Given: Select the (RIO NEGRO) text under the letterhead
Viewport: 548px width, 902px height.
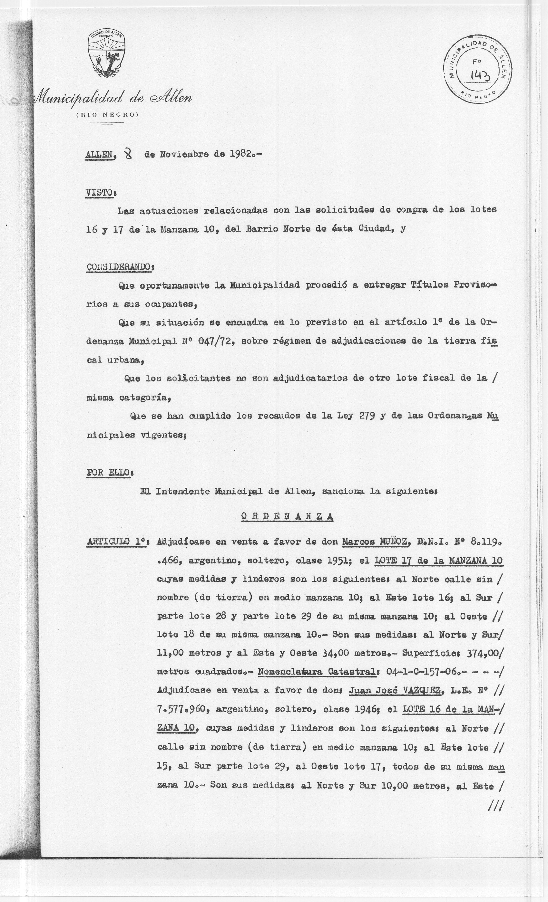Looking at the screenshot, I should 107,115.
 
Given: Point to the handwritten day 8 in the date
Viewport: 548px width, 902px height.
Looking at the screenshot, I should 128,154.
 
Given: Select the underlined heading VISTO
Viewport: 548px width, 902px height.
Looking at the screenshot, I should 99,192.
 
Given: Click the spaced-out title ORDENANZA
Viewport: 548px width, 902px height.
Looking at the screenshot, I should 287,516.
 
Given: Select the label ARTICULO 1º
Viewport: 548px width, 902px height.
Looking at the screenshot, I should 117,542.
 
